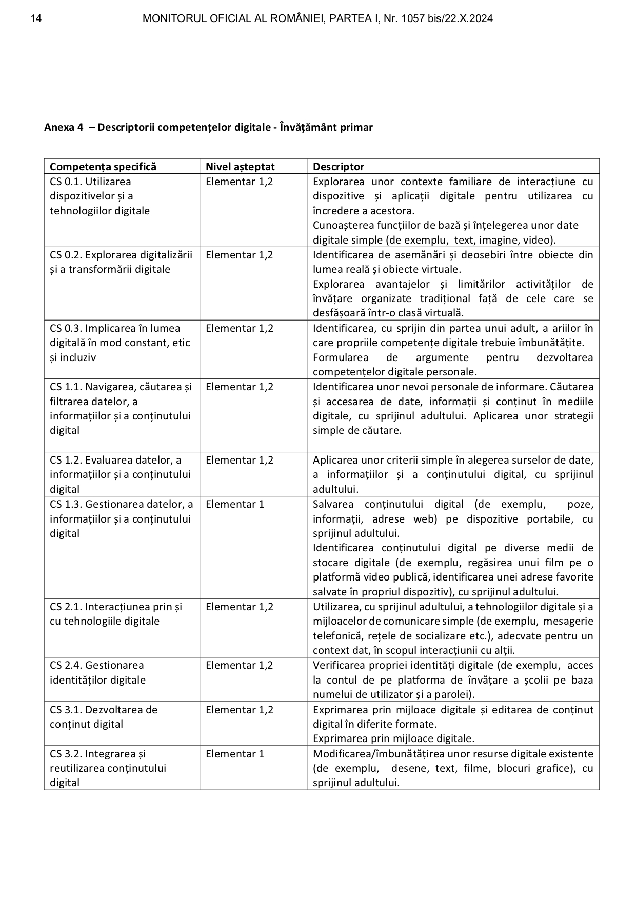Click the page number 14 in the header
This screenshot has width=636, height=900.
click(x=36, y=19)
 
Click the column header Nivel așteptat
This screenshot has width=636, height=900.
click(x=240, y=167)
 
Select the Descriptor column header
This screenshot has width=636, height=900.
click(x=339, y=167)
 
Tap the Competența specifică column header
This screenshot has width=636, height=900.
click(x=103, y=167)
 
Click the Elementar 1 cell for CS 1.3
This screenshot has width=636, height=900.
click(x=235, y=504)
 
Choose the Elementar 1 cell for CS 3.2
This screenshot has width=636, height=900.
click(x=235, y=754)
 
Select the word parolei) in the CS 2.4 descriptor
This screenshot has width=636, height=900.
click(x=457, y=694)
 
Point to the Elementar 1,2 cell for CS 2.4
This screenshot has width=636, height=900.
click(x=240, y=665)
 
